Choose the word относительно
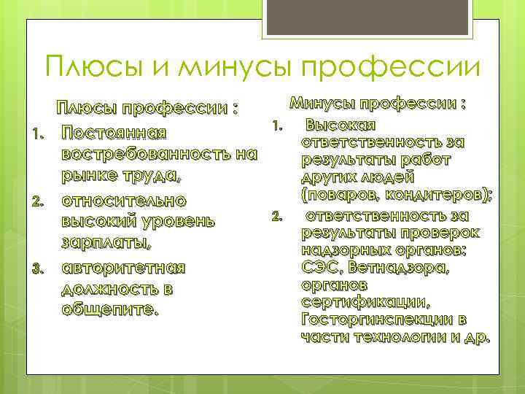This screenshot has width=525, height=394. (x=125, y=200)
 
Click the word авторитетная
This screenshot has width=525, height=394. (x=124, y=267)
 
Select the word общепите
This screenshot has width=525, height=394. (x=109, y=309)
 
